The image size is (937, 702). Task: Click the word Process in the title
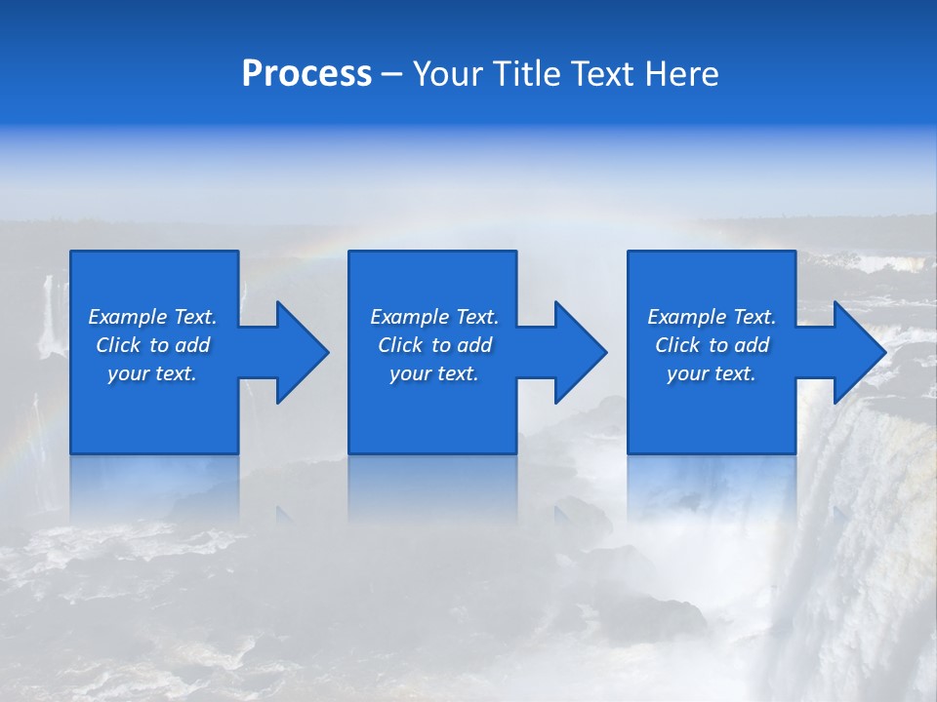(x=306, y=74)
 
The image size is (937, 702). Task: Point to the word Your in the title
(x=446, y=74)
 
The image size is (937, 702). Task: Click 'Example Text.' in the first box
(x=152, y=317)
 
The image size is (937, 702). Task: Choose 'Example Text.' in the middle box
(x=434, y=317)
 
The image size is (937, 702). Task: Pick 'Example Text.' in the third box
(x=712, y=317)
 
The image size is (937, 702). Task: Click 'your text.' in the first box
(x=152, y=373)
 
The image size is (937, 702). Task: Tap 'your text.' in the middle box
(x=434, y=373)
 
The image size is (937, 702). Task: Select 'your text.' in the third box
(x=712, y=373)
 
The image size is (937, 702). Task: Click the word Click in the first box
(x=118, y=345)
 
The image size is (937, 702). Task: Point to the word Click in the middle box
(x=400, y=345)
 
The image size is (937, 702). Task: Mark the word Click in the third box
(x=677, y=345)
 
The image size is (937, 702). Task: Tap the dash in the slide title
(x=391, y=75)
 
